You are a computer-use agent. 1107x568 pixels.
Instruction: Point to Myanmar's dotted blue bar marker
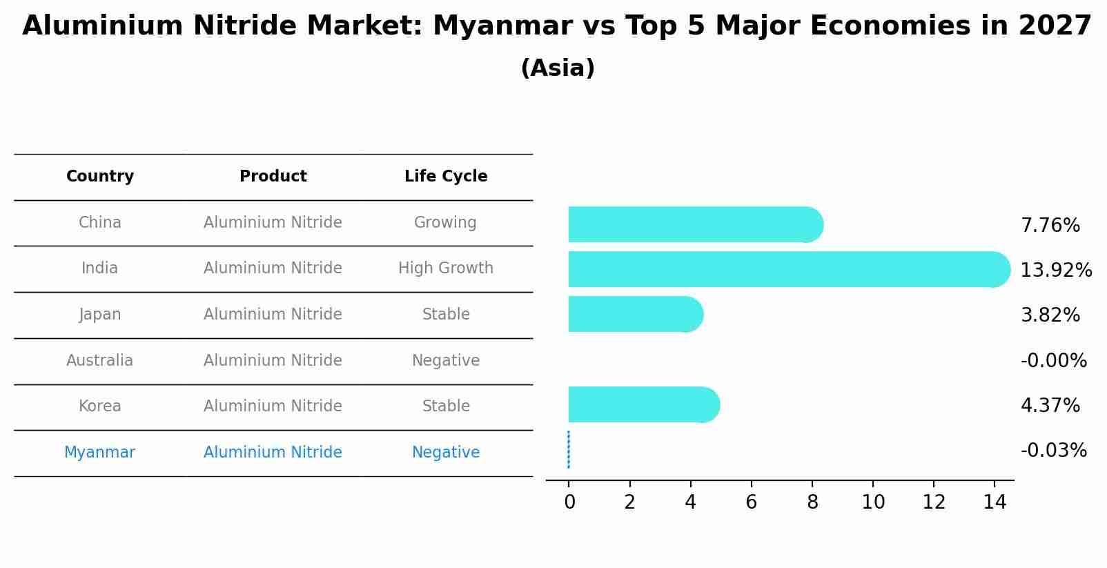[569, 449]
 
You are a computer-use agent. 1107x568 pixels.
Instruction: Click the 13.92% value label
[1055, 271]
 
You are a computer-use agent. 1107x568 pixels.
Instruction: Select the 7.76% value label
[1050, 226]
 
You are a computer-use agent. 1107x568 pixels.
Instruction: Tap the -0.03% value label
[1053, 451]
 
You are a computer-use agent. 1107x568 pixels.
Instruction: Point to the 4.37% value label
[1050, 405]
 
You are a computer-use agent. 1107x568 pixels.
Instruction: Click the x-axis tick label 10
[873, 502]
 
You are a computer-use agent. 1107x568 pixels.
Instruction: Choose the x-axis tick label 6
[751, 502]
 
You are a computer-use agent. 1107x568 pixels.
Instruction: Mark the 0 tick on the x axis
[569, 502]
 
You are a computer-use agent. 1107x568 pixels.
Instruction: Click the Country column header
[100, 177]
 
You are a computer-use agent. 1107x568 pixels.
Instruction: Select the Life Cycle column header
[446, 177]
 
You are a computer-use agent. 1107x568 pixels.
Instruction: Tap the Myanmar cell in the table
[100, 453]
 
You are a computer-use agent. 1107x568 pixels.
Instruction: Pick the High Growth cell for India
[446, 268]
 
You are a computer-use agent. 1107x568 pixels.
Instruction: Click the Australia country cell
[100, 361]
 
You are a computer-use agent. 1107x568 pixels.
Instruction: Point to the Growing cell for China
[445, 223]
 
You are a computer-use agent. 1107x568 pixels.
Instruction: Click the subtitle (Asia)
[558, 68]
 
